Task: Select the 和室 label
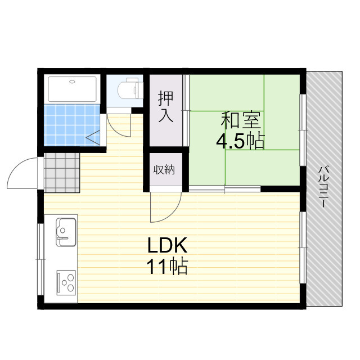240,120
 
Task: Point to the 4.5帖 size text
240,141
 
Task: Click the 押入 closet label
165,107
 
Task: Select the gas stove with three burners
66,281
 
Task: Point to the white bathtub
73,89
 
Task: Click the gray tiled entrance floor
61,172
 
